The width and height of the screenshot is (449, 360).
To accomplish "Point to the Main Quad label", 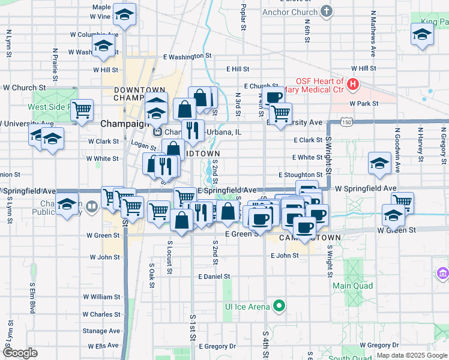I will (x=350, y=286).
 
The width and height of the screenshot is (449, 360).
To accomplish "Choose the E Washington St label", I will (x=188, y=56).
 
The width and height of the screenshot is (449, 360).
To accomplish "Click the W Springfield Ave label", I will (x=366, y=188).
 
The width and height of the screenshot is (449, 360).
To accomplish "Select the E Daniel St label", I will (x=214, y=277).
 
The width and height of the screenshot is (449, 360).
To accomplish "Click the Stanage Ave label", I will (x=101, y=331).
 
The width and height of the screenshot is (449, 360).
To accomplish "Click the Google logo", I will (x=20, y=353).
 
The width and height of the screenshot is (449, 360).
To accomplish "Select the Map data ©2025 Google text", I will (x=411, y=355).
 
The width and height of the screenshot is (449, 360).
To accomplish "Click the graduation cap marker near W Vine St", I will (x=124, y=15).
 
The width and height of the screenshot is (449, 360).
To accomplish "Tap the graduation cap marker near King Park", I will (x=422, y=34).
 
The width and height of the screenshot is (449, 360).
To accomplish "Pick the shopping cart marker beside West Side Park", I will (x=82, y=110).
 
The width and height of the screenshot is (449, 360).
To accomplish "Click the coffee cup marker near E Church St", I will (x=273, y=97).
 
